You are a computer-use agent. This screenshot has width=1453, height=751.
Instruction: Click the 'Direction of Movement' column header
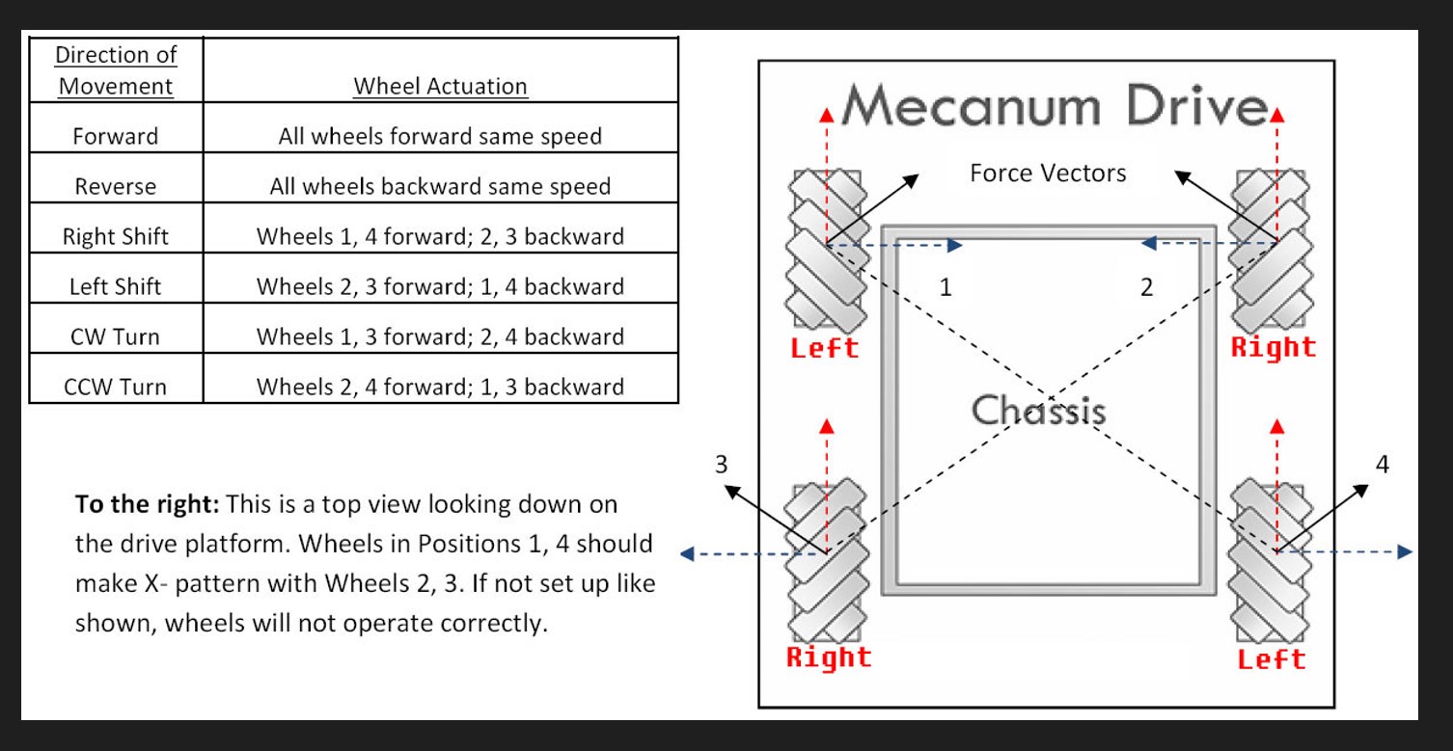click(x=116, y=70)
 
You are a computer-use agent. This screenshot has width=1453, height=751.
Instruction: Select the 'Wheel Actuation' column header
click(x=440, y=86)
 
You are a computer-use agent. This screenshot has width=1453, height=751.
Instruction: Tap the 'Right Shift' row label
click(x=116, y=236)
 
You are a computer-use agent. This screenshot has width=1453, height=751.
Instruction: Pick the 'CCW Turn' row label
click(x=116, y=387)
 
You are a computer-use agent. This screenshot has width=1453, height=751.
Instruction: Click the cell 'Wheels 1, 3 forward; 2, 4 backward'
click(x=440, y=336)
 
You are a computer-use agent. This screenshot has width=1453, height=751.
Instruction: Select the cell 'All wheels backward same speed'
click(x=440, y=186)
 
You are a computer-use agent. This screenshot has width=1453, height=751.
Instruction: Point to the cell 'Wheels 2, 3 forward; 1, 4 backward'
click(x=440, y=286)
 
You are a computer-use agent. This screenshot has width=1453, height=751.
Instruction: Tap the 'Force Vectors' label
click(x=1048, y=174)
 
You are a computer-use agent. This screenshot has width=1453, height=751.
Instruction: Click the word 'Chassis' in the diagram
click(x=1038, y=411)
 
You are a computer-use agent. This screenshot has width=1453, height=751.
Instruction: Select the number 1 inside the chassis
click(x=946, y=287)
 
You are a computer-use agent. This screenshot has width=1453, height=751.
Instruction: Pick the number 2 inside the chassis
click(x=1146, y=287)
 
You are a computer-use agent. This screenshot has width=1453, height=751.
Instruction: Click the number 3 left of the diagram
click(x=721, y=465)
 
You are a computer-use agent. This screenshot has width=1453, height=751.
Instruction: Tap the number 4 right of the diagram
click(x=1383, y=465)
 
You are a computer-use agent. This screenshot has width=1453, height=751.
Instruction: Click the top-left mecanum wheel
click(x=826, y=249)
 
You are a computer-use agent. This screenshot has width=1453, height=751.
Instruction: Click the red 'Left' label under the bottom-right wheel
click(x=1271, y=659)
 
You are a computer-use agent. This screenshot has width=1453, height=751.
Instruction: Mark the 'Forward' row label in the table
click(x=116, y=136)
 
